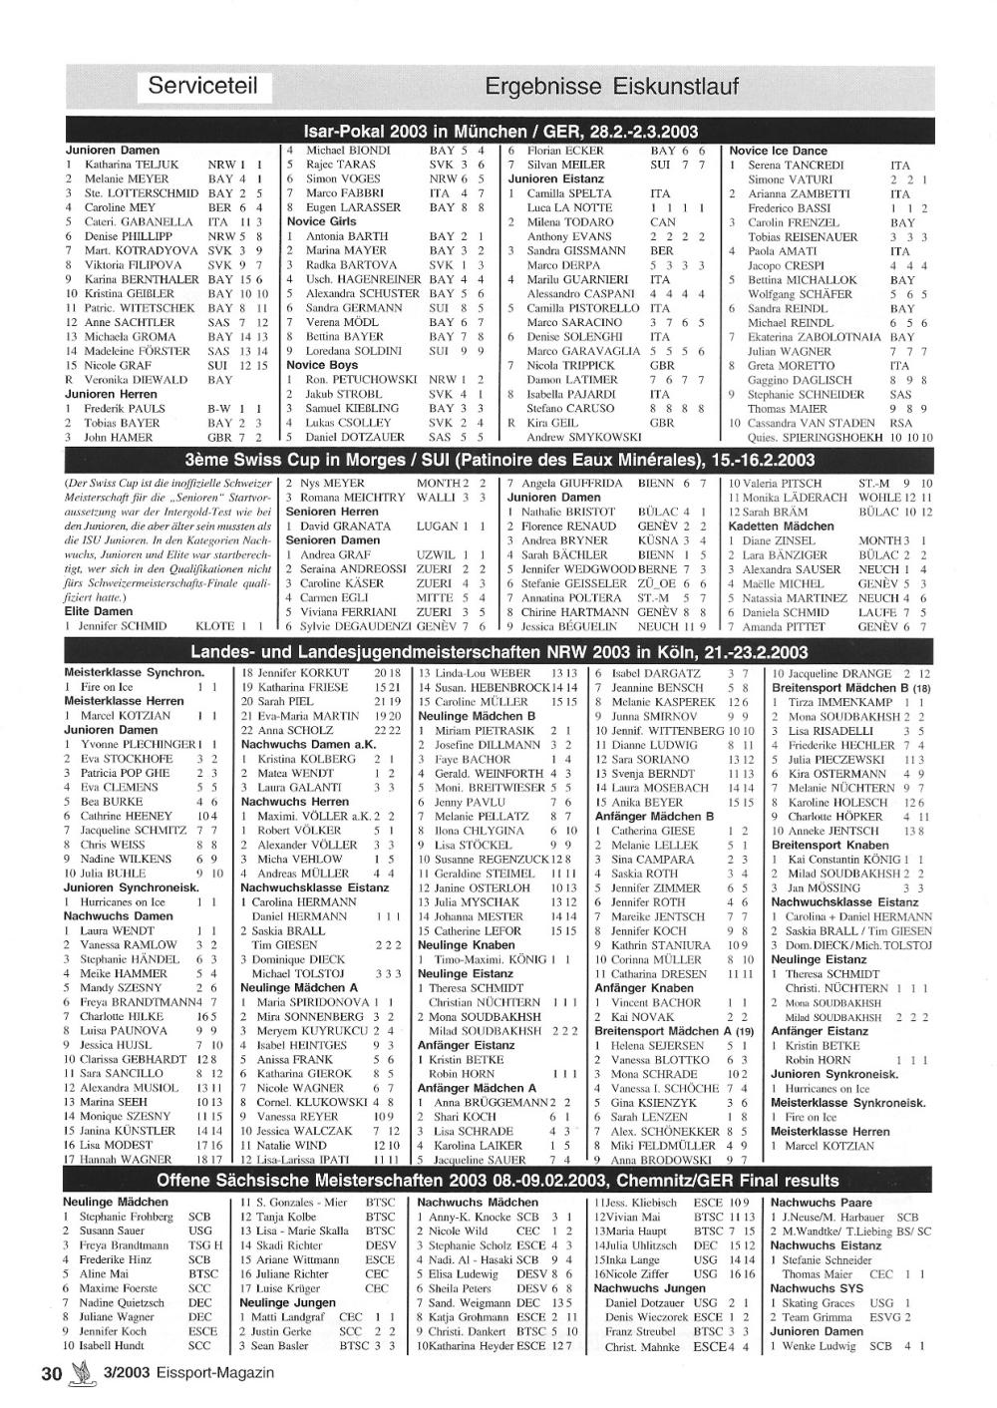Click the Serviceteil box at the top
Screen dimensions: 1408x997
(x=204, y=86)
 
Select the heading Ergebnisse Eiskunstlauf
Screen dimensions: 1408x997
(x=611, y=87)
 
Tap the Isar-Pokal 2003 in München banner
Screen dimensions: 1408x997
(x=498, y=132)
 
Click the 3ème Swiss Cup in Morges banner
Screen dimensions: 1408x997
(x=498, y=461)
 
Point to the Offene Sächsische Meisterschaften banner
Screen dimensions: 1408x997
(x=498, y=1181)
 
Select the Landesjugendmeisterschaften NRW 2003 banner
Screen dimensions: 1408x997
(x=498, y=653)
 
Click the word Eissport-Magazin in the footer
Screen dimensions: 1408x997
(x=213, y=1372)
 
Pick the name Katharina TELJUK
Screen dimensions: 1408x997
(x=131, y=165)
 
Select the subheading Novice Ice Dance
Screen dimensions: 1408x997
(x=779, y=151)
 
